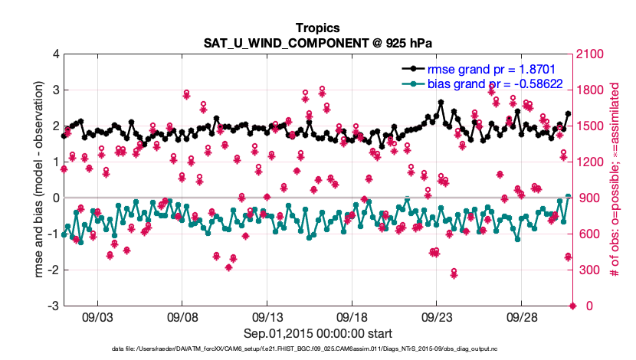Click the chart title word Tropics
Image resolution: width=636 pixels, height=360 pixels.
[x=318, y=28]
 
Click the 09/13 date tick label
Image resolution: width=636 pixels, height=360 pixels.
[x=267, y=316]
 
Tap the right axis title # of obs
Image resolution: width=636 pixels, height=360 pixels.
[x=615, y=180]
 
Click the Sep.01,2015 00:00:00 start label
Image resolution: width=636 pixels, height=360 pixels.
[x=318, y=334]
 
